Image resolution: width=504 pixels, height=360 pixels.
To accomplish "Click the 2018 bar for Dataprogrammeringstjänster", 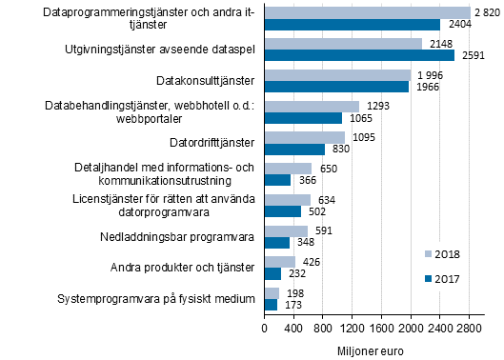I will pos(367,12).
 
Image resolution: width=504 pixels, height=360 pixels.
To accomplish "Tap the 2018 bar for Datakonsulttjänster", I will pos(337,74).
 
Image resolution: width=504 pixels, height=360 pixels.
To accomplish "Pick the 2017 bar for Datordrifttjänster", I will pos(294,149).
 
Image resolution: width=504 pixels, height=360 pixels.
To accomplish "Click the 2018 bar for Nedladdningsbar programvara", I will pos(286,230).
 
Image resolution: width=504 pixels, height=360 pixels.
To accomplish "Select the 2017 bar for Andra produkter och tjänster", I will pos(272,273).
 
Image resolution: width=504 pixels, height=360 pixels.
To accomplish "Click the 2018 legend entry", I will pos(441,254).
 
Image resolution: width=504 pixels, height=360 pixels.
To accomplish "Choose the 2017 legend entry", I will pos(441,278).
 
